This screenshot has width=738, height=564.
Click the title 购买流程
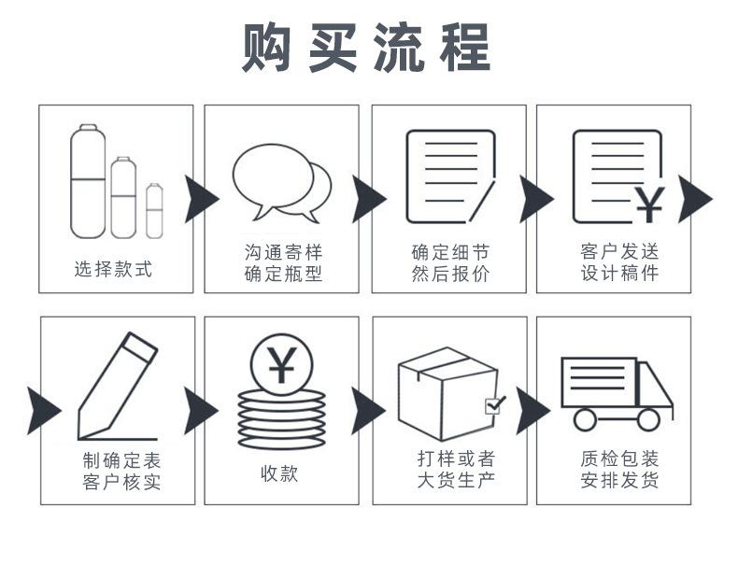click(x=366, y=48)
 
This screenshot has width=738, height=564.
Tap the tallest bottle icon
click(x=87, y=181)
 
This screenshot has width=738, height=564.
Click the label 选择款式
click(x=113, y=270)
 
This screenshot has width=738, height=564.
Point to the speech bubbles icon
click(x=281, y=181)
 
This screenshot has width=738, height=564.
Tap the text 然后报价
click(x=450, y=275)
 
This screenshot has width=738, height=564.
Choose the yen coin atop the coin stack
click(x=279, y=365)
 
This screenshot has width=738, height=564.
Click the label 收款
click(x=279, y=472)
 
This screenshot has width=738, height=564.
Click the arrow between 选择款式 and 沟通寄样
click(x=200, y=199)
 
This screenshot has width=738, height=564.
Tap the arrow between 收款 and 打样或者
click(x=367, y=411)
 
